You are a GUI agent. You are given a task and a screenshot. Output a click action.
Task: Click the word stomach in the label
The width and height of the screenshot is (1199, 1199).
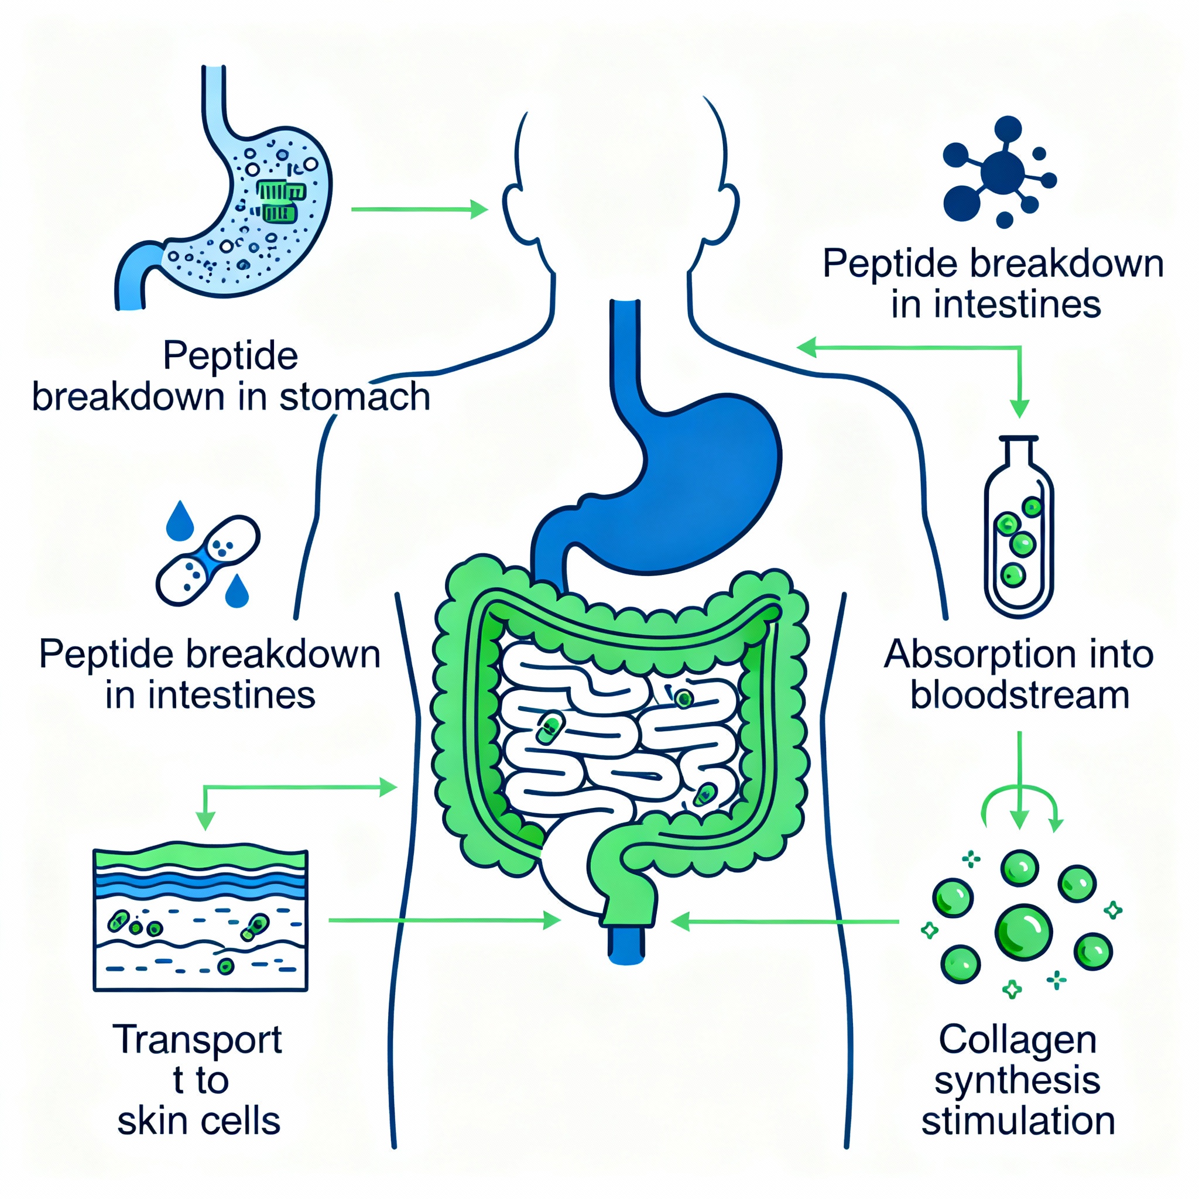coord(354,397)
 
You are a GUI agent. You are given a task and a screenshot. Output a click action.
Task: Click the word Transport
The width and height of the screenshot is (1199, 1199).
coord(197,1040)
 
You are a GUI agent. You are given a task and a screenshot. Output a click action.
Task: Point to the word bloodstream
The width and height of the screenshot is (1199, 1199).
coord(1020,696)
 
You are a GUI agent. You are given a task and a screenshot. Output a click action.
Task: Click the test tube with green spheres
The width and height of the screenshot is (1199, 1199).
coord(1019,527)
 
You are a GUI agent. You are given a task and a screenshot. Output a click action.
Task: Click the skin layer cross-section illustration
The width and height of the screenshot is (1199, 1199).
coord(200,920)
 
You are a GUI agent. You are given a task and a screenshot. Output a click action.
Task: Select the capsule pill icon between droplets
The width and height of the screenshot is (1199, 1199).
coord(207,560)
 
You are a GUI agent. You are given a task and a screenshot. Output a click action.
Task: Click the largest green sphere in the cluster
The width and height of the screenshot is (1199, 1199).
coord(1023,931)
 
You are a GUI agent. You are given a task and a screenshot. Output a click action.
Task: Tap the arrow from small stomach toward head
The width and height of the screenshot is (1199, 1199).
coord(419,210)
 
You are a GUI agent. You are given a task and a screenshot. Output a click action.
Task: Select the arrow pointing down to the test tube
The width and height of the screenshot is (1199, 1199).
coord(1019,397)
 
